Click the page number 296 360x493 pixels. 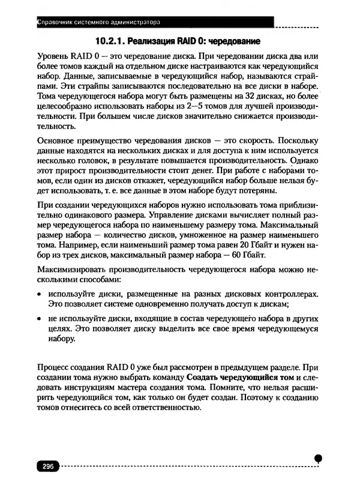point(45,467)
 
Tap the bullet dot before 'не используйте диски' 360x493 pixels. point(39,319)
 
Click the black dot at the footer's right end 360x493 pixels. point(319,458)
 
